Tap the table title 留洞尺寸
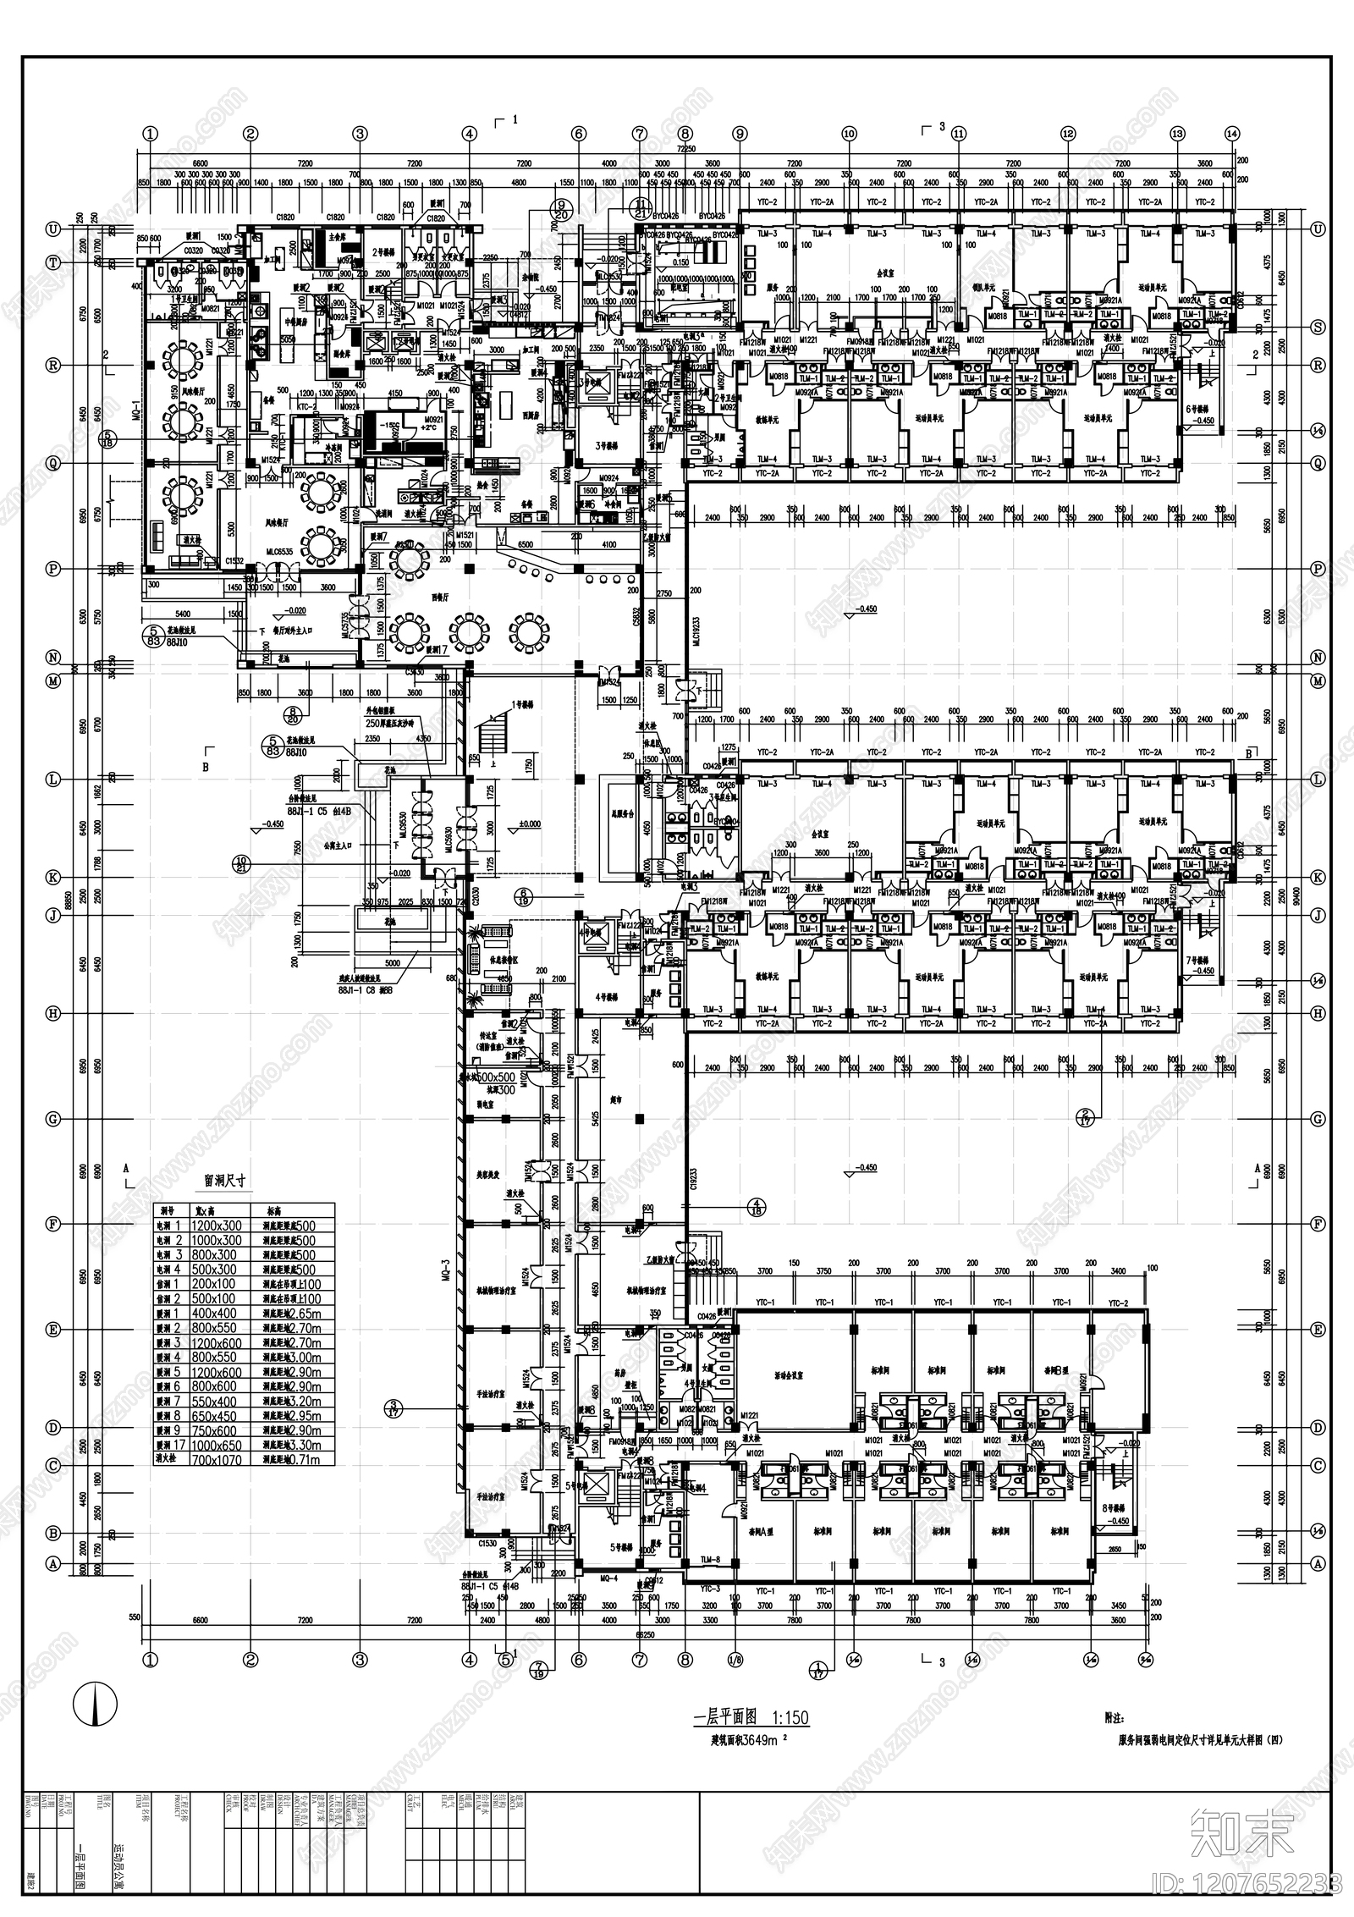pyautogui.click(x=224, y=1182)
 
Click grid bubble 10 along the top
pyautogui.click(x=849, y=133)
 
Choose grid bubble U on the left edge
pyautogui.click(x=53, y=229)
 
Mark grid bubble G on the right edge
pyautogui.click(x=1318, y=1119)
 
